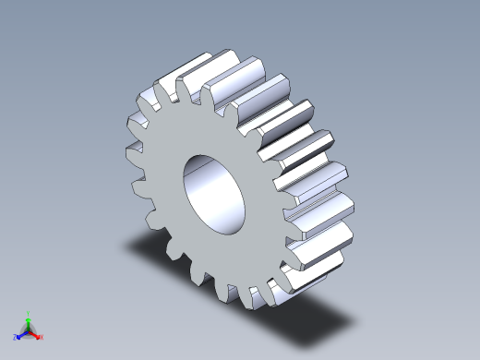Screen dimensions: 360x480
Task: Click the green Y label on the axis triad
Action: [x=29, y=313]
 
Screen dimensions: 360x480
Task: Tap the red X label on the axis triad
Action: [x=42, y=337]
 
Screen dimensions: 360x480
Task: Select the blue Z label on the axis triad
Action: [x=16, y=337]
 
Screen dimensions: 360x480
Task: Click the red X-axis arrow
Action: [x=35, y=334]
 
